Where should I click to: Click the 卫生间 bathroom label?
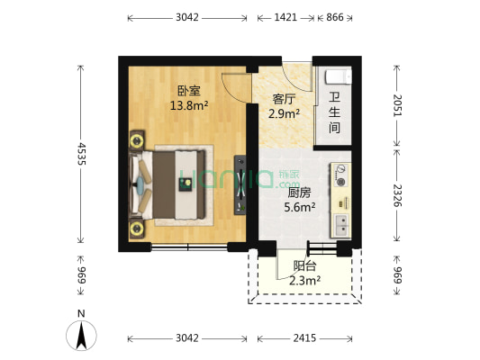[334, 112]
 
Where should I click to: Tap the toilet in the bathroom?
[335, 76]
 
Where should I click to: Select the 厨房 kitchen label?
[300, 193]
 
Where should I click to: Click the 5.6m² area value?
[300, 207]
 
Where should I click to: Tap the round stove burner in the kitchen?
[342, 180]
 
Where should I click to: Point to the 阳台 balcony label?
[304, 266]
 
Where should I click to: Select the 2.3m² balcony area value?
[304, 281]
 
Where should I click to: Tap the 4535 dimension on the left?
[82, 153]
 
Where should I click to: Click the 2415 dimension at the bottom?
[310, 338]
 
